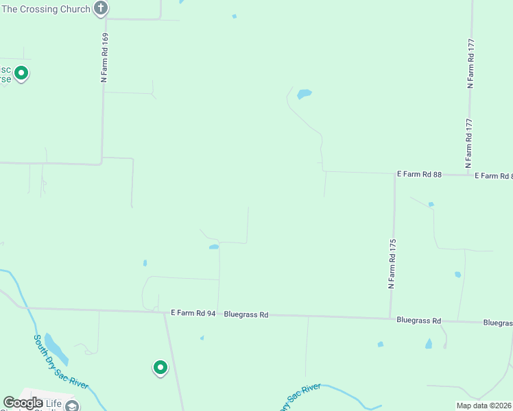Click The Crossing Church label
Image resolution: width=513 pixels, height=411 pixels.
[x=45, y=9]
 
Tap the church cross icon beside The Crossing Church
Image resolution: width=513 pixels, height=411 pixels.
[x=101, y=8]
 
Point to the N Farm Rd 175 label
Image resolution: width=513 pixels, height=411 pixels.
[x=392, y=264]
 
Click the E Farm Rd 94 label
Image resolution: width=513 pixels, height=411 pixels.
[x=193, y=314]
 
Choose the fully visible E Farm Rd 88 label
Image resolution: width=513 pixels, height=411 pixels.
[x=419, y=175]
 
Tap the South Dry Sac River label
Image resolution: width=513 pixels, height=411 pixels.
[x=61, y=361]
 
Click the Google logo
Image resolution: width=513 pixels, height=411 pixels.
[x=23, y=403]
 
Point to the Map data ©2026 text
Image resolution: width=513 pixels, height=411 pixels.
[x=484, y=406]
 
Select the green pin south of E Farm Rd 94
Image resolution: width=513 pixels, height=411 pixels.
[x=160, y=368]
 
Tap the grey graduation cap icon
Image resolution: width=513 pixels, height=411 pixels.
[x=71, y=406]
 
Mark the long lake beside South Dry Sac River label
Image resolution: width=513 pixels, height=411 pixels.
[x=56, y=349]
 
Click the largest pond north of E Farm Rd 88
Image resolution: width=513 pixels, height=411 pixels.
[x=304, y=94]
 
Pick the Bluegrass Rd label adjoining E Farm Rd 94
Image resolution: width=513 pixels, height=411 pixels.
[x=246, y=314]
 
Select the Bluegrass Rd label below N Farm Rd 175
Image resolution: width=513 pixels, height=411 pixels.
[x=418, y=320]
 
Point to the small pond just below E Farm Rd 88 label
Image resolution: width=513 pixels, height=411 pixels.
[x=431, y=204]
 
